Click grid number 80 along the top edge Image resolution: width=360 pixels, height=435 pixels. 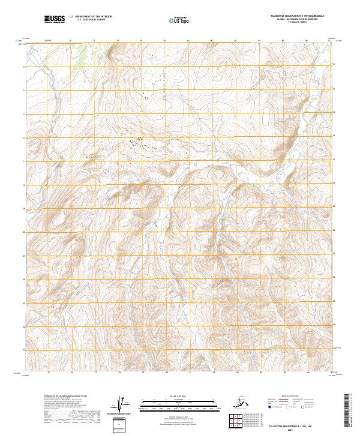(165, 41)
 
